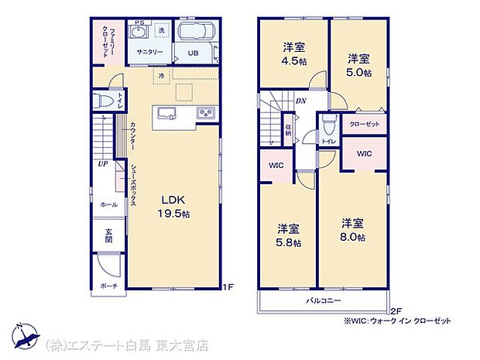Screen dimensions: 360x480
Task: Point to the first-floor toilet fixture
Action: click(x=102, y=101)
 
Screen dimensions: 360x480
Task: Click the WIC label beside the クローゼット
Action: click(x=364, y=153)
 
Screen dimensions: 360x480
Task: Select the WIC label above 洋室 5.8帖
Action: click(x=276, y=166)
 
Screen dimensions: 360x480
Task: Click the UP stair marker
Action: click(x=103, y=164)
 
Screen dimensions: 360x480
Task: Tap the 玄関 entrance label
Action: click(x=108, y=235)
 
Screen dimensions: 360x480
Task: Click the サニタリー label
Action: click(x=149, y=51)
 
